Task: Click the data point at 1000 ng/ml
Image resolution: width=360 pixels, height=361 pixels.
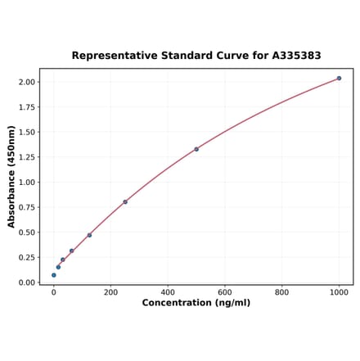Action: point(339,79)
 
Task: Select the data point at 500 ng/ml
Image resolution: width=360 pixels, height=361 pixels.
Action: point(196,149)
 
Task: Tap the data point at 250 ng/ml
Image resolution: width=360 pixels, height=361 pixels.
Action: point(125,202)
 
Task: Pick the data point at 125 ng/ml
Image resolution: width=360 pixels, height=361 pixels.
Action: point(89,235)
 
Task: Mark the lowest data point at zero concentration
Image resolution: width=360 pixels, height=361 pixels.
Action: point(54,275)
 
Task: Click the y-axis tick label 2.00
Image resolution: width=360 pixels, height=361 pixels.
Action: point(26,82)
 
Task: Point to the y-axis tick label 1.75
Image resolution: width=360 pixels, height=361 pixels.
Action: point(26,107)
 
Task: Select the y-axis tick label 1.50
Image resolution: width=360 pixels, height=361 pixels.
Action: point(26,132)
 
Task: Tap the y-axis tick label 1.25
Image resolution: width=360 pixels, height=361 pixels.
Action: point(26,157)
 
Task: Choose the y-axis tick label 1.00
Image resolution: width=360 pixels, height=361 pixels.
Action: point(26,183)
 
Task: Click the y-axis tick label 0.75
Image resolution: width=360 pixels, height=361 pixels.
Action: point(26,207)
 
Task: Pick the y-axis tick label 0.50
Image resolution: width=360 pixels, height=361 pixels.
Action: point(26,232)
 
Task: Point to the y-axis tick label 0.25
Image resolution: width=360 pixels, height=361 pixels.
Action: point(26,257)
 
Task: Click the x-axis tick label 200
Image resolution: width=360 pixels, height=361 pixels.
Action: point(110,291)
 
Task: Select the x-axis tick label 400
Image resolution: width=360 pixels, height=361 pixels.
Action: point(168,291)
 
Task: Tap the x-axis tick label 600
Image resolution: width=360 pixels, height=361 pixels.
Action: point(225,291)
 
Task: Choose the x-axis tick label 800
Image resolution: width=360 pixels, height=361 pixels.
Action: point(281,291)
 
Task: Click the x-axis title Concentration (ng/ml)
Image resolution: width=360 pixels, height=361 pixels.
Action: point(196,303)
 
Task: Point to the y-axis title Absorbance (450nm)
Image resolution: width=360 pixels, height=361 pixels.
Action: point(11,177)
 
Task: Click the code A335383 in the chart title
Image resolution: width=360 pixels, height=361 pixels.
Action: point(294,56)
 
